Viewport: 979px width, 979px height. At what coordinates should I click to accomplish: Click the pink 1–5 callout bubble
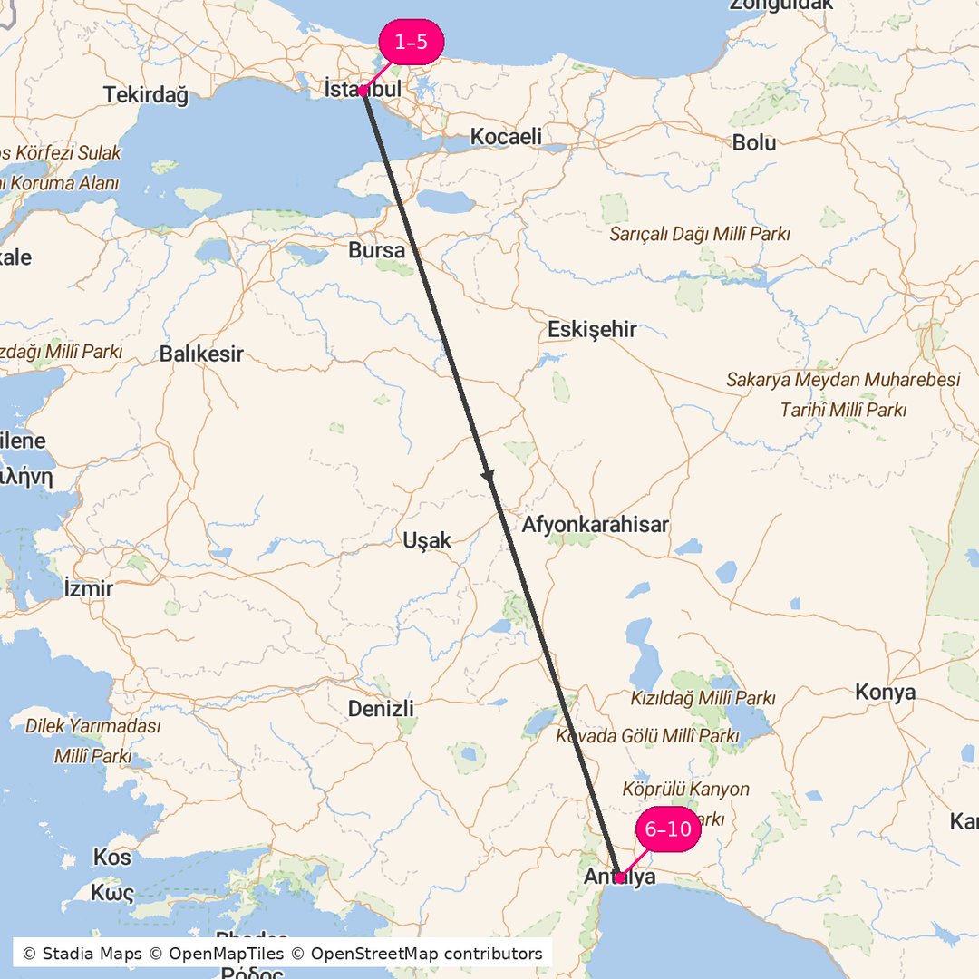coord(411,42)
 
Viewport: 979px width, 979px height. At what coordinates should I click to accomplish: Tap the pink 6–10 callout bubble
coord(668,829)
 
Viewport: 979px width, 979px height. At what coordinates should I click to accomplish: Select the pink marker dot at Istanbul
coord(362,91)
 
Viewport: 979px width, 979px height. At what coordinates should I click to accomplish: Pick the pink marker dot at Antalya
coord(619,877)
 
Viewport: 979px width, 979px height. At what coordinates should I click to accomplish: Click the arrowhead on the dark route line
coord(488,475)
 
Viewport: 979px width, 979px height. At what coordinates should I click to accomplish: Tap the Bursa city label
coord(376,250)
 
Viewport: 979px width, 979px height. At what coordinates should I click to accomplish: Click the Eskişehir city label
coord(592,329)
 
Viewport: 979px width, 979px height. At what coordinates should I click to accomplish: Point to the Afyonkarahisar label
coord(595,524)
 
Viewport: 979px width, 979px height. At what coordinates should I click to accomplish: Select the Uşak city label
coord(426,540)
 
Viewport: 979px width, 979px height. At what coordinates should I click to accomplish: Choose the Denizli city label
coord(381,708)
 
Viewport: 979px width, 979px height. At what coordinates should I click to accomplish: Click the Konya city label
coord(885,693)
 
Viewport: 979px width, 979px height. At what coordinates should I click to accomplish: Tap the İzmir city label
coord(89,588)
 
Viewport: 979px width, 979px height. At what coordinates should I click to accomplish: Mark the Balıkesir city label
coord(201,354)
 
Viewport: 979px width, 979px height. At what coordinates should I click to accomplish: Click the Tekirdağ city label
coord(145,94)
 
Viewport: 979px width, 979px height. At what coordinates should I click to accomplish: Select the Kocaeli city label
coord(506,137)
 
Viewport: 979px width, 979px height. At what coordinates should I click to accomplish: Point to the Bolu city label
coord(754,142)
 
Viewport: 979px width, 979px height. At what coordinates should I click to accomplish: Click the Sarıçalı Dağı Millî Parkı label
coord(700,234)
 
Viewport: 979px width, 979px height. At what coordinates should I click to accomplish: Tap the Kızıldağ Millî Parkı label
coord(703,698)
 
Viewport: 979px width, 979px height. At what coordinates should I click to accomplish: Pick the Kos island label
coord(111,857)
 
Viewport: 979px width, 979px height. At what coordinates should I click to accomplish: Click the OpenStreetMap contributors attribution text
coord(426,954)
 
